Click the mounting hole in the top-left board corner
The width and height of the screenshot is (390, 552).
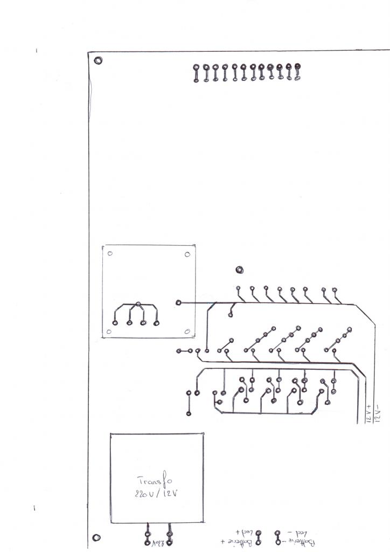(97, 60)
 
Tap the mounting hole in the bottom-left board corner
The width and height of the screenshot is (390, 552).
(96, 537)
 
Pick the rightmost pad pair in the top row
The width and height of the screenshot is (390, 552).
(298, 72)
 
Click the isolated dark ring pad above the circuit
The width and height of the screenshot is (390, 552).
(239, 270)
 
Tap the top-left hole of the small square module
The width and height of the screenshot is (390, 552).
(110, 254)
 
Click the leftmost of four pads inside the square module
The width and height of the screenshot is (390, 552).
(115, 323)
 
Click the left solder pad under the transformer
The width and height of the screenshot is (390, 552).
(148, 536)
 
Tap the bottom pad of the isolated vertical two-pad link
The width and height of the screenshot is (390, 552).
(189, 414)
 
